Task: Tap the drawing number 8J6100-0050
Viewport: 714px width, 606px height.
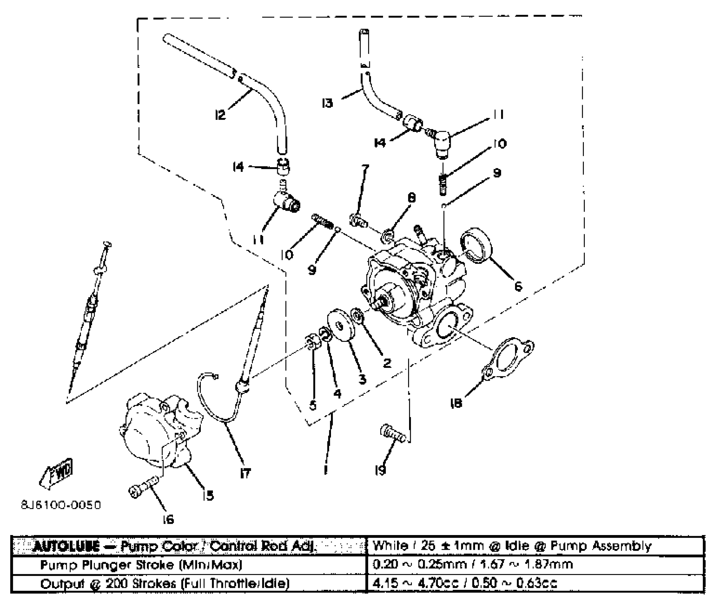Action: pos(61,505)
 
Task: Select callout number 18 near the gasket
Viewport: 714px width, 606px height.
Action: pos(456,403)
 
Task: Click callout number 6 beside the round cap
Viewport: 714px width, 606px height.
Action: pos(518,286)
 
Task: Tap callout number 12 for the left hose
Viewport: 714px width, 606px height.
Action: pos(220,114)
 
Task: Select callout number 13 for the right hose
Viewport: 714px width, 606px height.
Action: pos(327,103)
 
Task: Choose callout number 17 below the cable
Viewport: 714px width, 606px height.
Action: pos(245,473)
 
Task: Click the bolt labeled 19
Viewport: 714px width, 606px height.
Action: pos(393,432)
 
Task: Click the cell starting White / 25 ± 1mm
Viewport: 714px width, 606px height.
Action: pos(535,546)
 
